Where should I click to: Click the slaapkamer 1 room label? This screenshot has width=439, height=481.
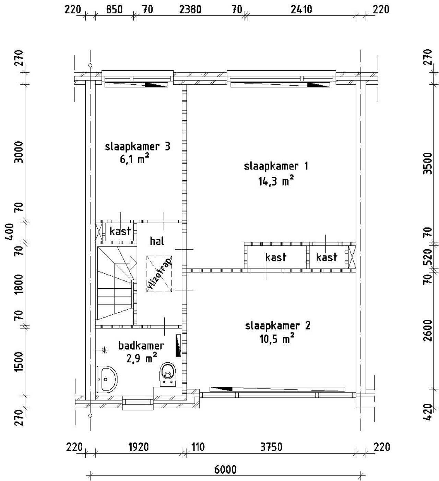(x=276, y=166)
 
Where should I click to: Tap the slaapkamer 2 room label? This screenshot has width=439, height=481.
(x=277, y=326)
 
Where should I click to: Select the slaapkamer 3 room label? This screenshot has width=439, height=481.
(x=138, y=146)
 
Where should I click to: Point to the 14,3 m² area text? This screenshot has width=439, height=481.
(x=276, y=181)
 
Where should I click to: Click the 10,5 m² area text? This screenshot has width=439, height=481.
(x=277, y=339)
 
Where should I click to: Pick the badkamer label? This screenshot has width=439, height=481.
(x=141, y=346)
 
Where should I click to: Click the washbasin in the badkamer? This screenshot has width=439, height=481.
(x=106, y=379)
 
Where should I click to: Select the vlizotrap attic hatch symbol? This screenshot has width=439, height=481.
(x=159, y=274)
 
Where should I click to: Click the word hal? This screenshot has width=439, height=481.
(x=157, y=241)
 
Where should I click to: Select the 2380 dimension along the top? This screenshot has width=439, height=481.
(x=190, y=10)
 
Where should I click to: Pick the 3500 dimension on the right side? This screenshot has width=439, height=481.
(x=428, y=164)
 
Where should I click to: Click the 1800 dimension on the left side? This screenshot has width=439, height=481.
(x=19, y=284)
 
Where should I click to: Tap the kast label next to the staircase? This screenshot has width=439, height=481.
(x=120, y=231)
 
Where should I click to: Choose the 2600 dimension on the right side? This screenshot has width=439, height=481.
(x=428, y=330)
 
